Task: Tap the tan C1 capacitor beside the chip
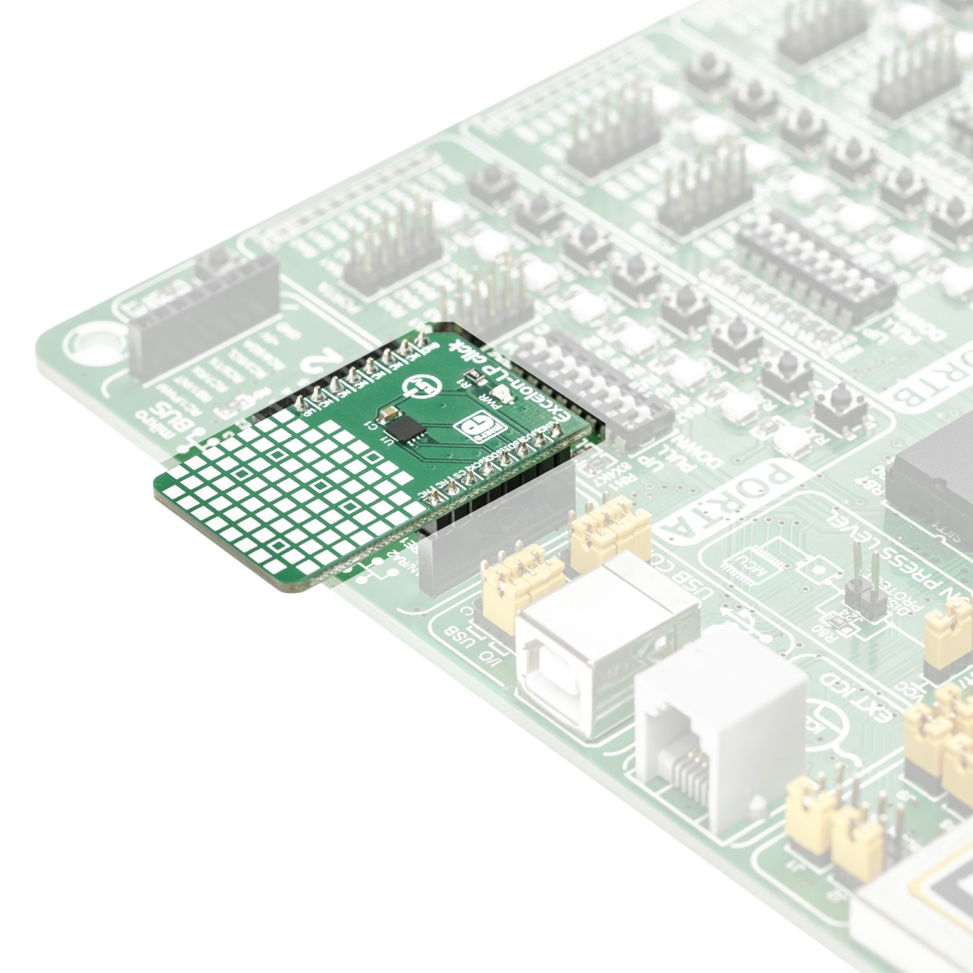click(386, 415)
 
